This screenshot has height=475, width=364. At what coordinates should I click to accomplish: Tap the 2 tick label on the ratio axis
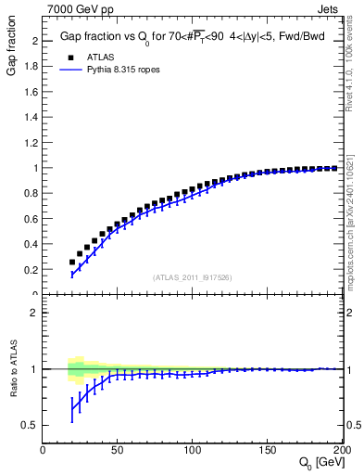point(34,313)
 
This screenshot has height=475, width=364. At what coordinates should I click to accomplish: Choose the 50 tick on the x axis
point(118,450)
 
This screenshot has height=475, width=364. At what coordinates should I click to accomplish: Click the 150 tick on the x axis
point(268,450)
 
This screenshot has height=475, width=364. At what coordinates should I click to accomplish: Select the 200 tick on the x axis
point(341,450)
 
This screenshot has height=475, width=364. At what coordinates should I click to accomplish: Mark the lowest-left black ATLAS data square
point(72,262)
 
